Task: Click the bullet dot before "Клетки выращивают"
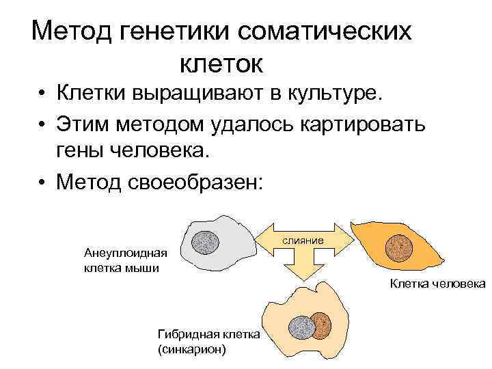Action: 42,94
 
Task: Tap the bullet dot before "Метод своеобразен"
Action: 42,183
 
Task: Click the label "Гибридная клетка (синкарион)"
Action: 208,341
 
